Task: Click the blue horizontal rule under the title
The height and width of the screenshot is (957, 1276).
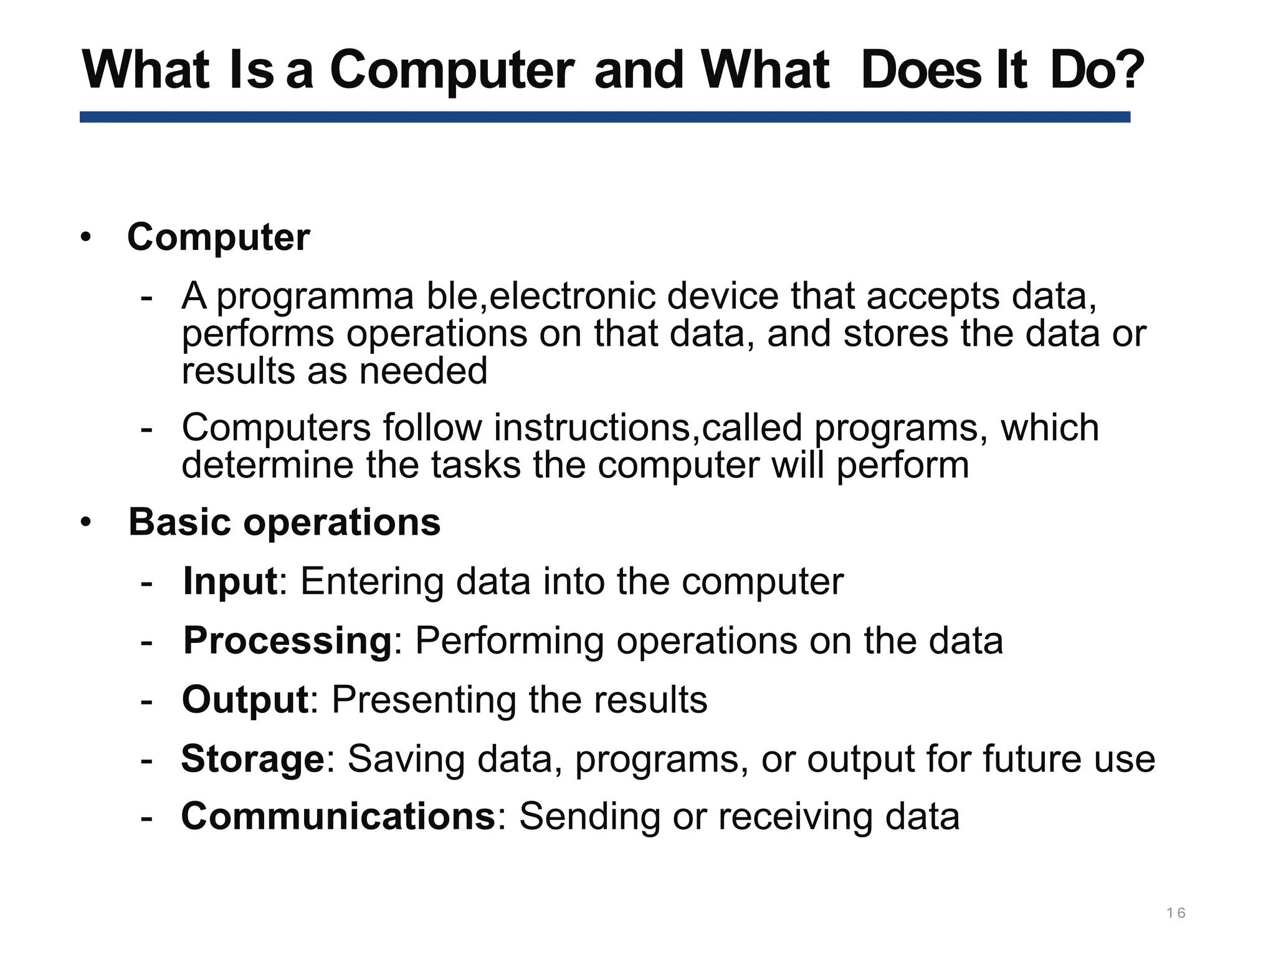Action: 604,117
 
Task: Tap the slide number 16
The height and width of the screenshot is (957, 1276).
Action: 1176,913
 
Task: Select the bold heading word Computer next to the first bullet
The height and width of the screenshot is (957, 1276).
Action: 218,237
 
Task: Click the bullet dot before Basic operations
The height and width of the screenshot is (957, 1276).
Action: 86,522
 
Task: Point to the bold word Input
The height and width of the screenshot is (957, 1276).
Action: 230,581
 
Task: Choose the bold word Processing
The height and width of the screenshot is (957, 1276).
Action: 287,640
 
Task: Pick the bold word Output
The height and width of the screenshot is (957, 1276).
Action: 245,699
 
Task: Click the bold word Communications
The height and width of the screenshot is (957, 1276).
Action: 338,816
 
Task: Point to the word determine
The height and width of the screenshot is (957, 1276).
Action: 267,465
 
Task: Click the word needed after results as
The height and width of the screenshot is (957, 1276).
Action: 423,371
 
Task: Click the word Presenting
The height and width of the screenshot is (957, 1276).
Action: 424,699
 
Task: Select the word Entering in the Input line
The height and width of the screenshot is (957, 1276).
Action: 371,581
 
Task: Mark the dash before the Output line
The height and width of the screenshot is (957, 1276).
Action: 147,700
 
